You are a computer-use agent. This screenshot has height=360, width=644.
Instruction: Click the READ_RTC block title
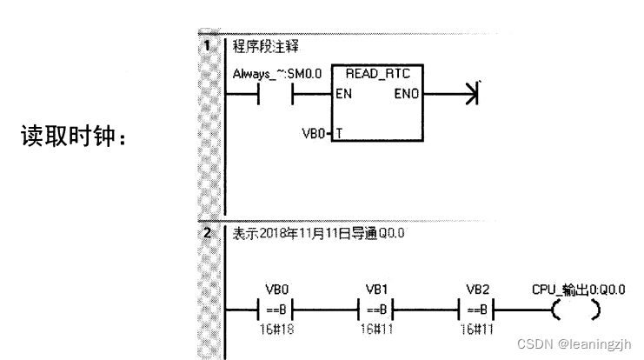[377, 75]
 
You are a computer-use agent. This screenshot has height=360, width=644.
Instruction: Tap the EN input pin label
[344, 95]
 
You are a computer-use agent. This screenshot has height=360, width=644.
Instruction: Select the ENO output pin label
[408, 95]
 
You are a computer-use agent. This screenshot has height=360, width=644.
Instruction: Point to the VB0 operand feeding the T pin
[312, 136]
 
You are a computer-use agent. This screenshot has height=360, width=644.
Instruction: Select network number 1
[208, 45]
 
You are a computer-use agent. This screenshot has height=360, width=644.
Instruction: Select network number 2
[208, 233]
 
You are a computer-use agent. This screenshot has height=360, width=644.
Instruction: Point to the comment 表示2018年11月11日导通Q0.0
[318, 234]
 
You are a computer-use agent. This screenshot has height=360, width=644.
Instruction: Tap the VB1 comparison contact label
[375, 289]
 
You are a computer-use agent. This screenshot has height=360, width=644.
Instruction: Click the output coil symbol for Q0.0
[574, 309]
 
